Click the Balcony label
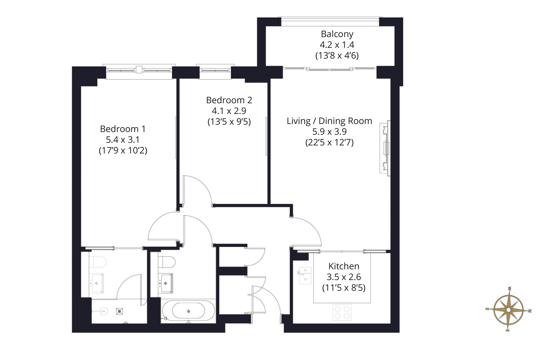[x=337, y=34]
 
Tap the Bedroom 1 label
[x=123, y=129]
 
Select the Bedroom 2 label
[x=229, y=100]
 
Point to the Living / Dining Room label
[x=329, y=121]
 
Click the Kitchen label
[x=343, y=266]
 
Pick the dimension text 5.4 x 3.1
[x=123, y=140]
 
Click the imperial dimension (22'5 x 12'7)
[x=329, y=143]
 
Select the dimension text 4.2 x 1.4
[x=337, y=45]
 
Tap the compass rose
[x=508, y=310]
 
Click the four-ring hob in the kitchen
[x=342, y=312]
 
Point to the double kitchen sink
[x=305, y=275]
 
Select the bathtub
[x=189, y=311]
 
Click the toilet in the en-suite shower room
[x=97, y=262]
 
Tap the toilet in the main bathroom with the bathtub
[x=167, y=262]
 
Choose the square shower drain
[x=120, y=311]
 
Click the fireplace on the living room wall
[x=385, y=148]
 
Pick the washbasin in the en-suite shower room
[x=97, y=283]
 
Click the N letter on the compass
[x=530, y=311]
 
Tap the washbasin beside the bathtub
[x=166, y=283]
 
